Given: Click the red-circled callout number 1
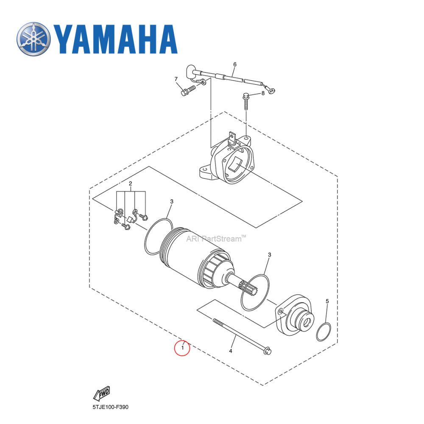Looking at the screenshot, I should click(x=182, y=348).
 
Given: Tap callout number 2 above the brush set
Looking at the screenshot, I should click(x=131, y=184).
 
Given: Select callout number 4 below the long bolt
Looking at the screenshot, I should click(x=231, y=351).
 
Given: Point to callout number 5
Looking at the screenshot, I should click(x=327, y=301).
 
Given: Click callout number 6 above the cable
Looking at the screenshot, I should click(x=234, y=64).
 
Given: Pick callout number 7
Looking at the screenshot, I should click(x=176, y=79).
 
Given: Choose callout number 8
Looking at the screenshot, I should click(x=262, y=93).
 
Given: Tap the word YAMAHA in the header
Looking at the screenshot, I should click(x=115, y=39).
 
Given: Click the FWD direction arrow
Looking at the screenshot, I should click(x=102, y=394).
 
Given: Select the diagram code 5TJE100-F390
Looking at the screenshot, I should click(x=110, y=407).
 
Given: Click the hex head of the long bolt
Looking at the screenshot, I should click(x=267, y=351).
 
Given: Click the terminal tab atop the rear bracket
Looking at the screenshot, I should click(x=232, y=137).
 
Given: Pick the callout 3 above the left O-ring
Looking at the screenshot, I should click(x=171, y=201).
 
